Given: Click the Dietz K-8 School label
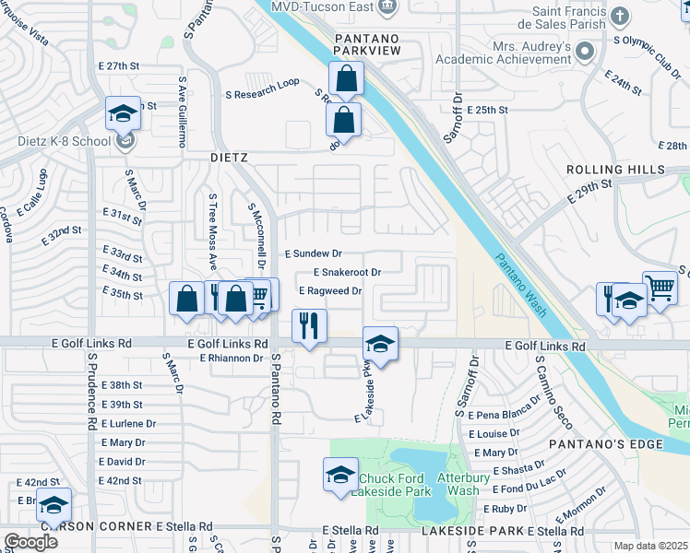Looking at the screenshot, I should [54, 142].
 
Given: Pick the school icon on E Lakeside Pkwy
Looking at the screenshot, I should [379, 343].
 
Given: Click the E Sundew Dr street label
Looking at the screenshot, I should [313, 253].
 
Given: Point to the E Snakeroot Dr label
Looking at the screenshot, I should [347, 273].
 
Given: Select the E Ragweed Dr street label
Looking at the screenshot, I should [329, 291].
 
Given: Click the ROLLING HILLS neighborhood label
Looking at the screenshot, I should [614, 171].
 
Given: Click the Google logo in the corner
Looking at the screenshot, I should [30, 542].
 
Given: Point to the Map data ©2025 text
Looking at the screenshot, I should [650, 546].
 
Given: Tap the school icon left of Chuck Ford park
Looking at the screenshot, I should [339, 475].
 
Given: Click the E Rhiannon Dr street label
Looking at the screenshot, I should [231, 359].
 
